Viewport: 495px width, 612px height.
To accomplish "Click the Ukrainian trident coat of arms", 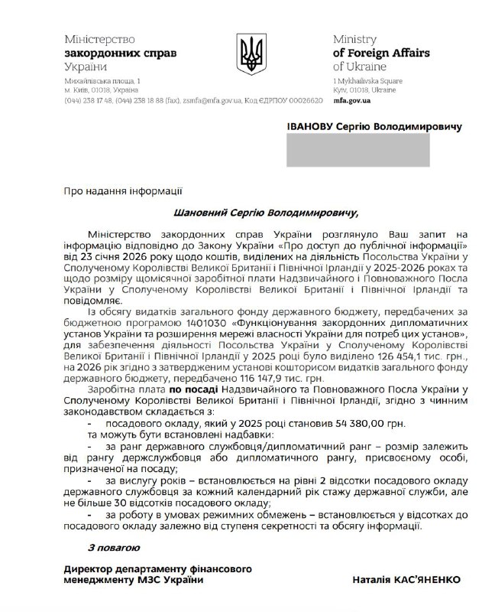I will click(x=248, y=54).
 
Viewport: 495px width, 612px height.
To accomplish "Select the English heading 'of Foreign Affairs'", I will click(x=380, y=53).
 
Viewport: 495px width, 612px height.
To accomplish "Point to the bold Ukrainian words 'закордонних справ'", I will click(x=110, y=53).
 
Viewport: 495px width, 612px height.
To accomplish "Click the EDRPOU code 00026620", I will click(x=304, y=100).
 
